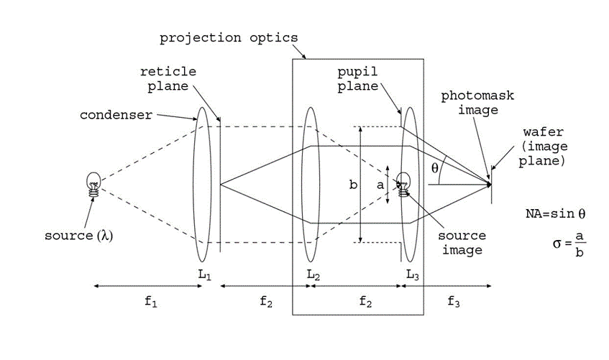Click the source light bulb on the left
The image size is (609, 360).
click(93, 184)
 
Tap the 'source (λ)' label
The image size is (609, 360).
click(78, 235)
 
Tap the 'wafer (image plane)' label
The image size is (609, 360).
click(545, 147)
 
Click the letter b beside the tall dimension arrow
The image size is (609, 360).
click(352, 185)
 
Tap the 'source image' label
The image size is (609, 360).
click(462, 243)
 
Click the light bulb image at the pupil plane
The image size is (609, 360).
click(403, 184)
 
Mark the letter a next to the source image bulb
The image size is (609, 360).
click(381, 185)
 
